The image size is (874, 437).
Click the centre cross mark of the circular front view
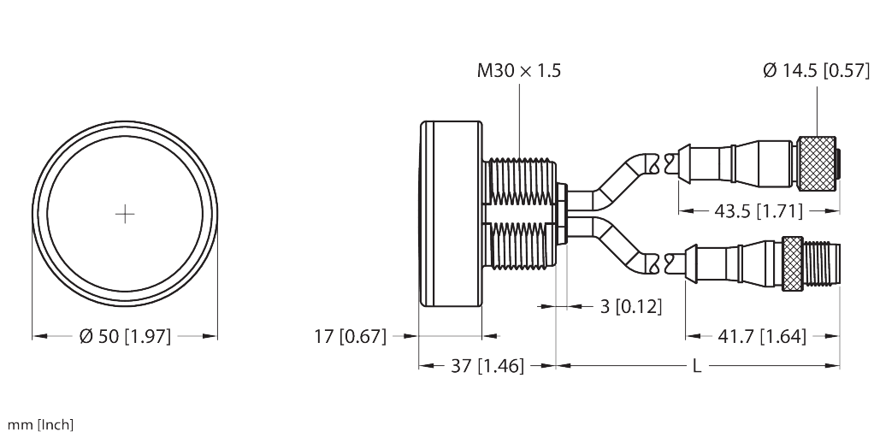point(125,214)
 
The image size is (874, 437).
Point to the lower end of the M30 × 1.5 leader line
point(519,158)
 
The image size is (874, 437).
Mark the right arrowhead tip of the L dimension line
point(839,366)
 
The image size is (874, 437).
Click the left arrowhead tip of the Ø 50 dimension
point(32,336)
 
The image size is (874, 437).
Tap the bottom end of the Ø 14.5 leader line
point(817,136)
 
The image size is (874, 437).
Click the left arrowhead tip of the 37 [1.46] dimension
point(419,366)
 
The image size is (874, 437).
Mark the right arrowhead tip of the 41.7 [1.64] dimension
point(839,336)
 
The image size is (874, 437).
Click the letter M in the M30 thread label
point(484,71)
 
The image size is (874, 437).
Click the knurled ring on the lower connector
point(792,263)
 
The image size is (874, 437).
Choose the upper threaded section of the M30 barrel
point(519,180)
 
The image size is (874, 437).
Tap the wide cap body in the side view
point(451,214)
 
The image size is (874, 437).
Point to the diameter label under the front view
point(125,336)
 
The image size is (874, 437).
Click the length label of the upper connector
point(759,210)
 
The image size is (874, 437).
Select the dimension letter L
point(696,366)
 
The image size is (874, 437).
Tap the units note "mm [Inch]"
point(40,425)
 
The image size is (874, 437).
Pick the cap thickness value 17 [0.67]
point(350,336)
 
